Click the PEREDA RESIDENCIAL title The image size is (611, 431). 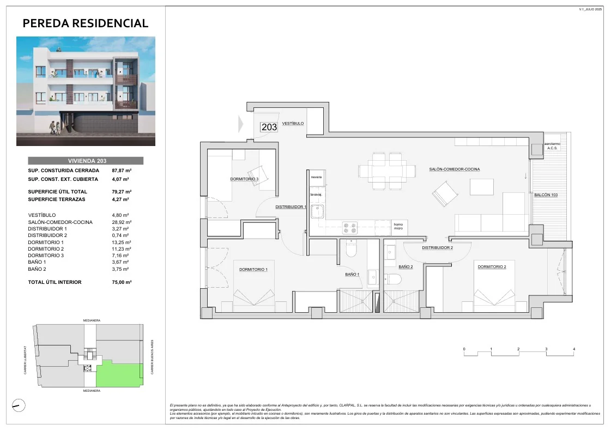tap(86, 23)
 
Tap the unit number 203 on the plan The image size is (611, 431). tap(269, 127)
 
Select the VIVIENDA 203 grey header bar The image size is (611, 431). tap(86, 161)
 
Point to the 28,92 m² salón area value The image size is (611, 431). tap(120, 222)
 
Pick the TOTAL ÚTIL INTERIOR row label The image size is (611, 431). tap(55, 282)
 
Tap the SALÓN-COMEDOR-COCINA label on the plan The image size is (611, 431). tap(454, 169)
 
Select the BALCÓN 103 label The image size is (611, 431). tap(546, 195)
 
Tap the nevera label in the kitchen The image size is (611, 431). tap(316, 177)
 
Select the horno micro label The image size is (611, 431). tap(398, 226)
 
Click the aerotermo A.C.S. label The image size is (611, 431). tap(552, 147)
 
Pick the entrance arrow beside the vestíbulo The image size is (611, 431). tap(240, 124)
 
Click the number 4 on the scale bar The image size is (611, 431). tap(574, 349)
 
